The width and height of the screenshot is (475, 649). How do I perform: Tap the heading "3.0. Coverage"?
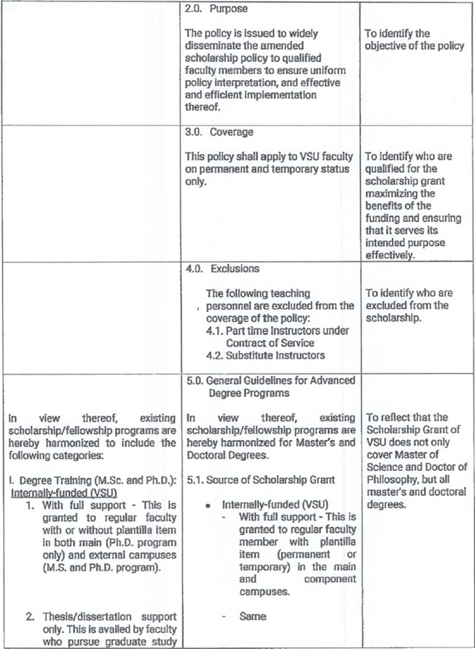[x=222, y=132]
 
